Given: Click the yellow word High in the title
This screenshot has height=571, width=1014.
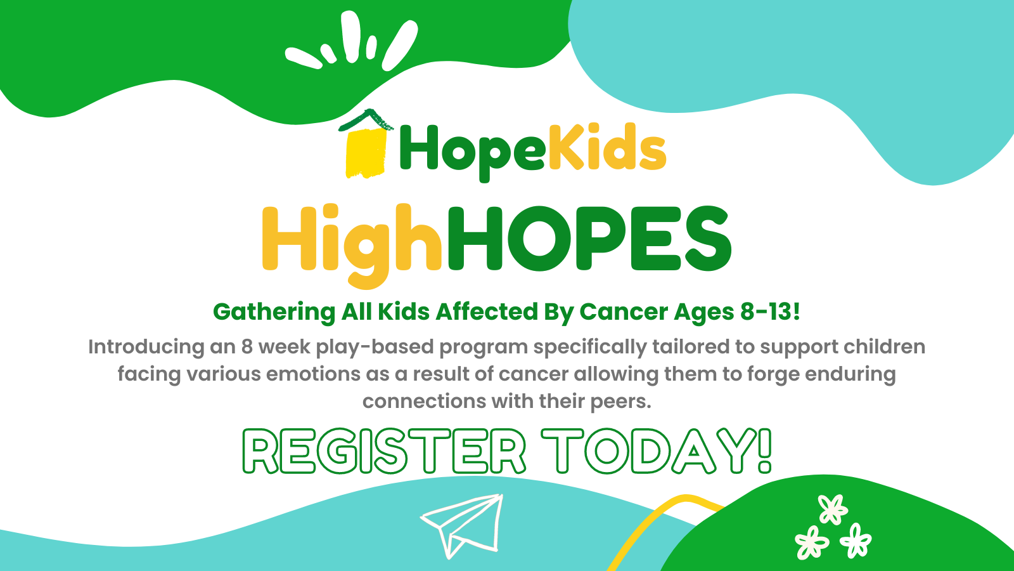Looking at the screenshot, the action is tap(352, 246).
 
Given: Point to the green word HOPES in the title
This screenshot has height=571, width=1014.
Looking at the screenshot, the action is tap(589, 239).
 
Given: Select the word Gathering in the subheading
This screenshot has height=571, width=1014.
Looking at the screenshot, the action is tap(274, 313).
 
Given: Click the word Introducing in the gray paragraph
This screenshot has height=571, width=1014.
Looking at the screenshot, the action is tap(146, 347).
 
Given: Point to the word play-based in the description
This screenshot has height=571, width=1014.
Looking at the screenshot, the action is tap(375, 348).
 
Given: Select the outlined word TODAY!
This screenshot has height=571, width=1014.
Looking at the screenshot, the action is tap(657, 450).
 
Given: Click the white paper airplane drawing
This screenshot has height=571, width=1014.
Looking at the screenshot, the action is tap(462, 526).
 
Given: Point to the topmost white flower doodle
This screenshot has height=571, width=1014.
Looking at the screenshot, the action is tap(833, 509).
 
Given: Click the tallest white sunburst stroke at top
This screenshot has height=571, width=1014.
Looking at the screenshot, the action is tap(351, 36).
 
